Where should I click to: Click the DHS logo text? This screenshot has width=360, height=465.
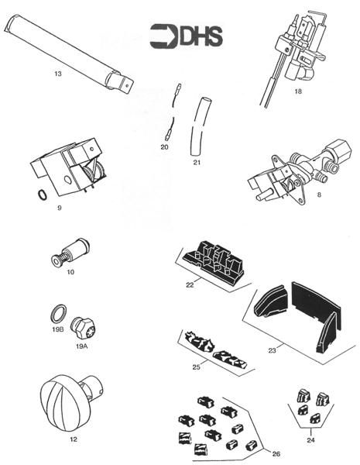pyautogui.click(x=199, y=36)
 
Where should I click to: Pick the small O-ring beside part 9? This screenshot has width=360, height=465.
pyautogui.click(x=39, y=195)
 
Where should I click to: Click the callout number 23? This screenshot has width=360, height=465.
pyautogui.click(x=272, y=351)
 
